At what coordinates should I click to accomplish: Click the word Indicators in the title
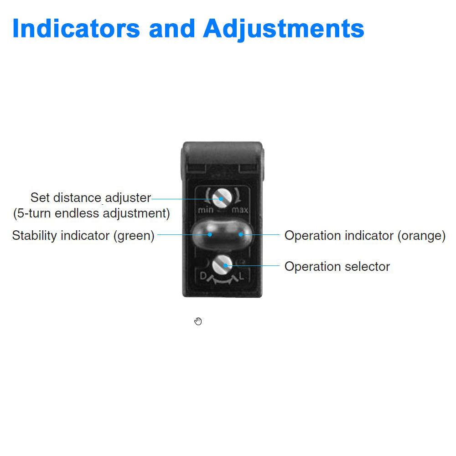[x=76, y=28]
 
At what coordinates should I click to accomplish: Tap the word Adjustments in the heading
[x=284, y=29]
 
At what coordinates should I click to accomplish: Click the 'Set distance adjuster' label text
[x=90, y=198]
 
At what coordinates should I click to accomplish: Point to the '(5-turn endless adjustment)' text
[x=91, y=213]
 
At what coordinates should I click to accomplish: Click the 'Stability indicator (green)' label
[x=83, y=236]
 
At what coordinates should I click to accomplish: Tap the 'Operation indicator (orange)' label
[x=365, y=236]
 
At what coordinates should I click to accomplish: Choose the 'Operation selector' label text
[x=337, y=266]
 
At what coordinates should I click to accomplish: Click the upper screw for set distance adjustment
[x=221, y=198]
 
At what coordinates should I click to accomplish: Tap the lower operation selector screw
[x=222, y=263]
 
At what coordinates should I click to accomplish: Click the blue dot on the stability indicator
[x=210, y=234]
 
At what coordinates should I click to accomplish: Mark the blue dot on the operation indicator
[x=241, y=234]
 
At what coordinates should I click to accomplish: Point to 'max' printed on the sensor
[x=240, y=210]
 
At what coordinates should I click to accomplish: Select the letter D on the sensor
[x=203, y=275]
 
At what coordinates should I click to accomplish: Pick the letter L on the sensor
[x=242, y=275]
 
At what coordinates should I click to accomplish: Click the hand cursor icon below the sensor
[x=198, y=321]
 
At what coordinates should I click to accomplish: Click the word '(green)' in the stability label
[x=134, y=236]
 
